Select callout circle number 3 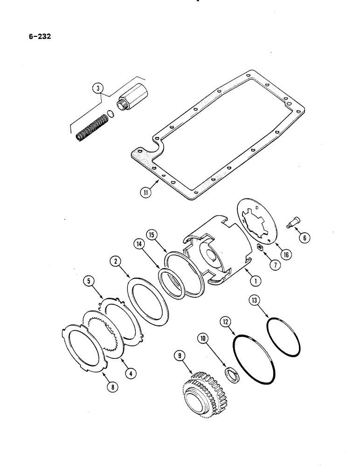97,87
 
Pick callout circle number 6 305,239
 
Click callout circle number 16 283,254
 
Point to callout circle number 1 255,281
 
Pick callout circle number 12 225,322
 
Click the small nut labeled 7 262,247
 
